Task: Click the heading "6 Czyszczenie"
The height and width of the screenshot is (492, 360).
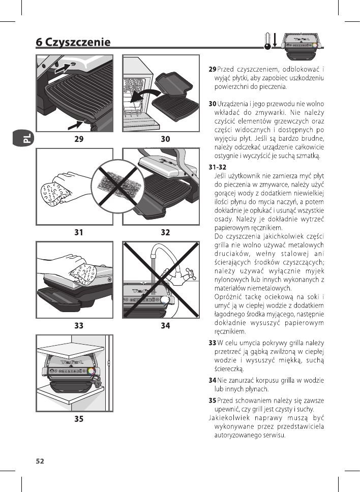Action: [x=73, y=42]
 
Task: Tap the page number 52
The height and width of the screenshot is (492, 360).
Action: [x=40, y=461]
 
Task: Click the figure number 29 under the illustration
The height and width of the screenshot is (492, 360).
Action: [x=78, y=138]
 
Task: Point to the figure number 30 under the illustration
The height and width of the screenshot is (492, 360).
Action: [x=165, y=138]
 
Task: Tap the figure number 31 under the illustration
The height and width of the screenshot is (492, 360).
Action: [x=78, y=232]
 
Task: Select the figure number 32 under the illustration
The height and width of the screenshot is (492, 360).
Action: [x=165, y=232]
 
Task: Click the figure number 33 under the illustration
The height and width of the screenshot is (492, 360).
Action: [x=78, y=326]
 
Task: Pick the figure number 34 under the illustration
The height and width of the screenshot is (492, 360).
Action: [x=165, y=326]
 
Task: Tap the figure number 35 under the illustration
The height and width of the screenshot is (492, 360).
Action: [x=78, y=419]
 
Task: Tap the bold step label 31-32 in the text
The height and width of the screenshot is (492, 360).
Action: [x=218, y=167]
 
